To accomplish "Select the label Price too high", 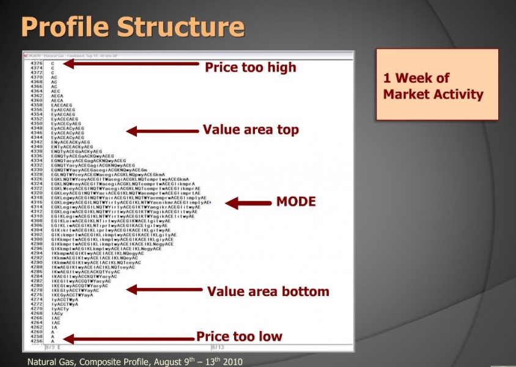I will point(250,67).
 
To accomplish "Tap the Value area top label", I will point(251,130).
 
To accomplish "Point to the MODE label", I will point(296,202).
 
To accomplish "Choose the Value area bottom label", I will point(268,292).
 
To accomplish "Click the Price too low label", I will point(239,336).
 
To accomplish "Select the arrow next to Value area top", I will point(162,130).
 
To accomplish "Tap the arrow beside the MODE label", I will point(245,202).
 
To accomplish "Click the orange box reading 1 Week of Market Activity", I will point(437,84).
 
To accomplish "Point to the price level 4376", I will point(37,64).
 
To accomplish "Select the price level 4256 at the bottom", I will point(37,340).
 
